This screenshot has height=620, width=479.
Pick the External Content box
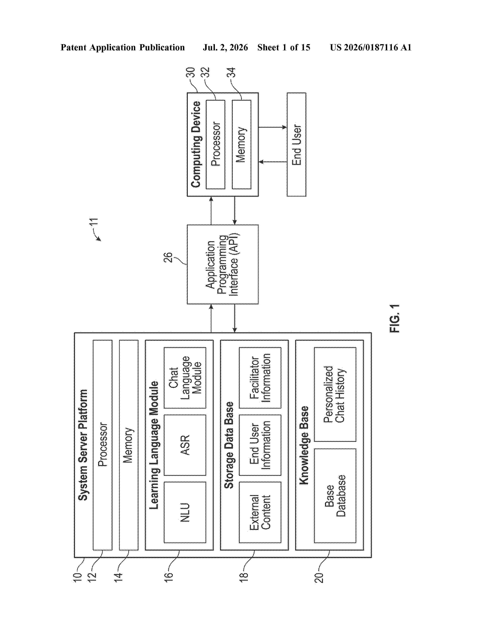tap(260, 512)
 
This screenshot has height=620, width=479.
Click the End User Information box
tap(260, 445)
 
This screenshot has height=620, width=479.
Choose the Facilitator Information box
tap(260, 378)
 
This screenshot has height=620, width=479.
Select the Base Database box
tap(335, 496)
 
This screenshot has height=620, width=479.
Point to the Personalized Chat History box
tap(335, 395)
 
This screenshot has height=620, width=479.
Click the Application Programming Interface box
tap(222, 264)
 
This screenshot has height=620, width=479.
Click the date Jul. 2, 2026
tap(225, 47)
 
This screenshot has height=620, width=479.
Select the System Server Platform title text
tap(83, 445)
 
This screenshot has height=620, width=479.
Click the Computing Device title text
tap(196, 144)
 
